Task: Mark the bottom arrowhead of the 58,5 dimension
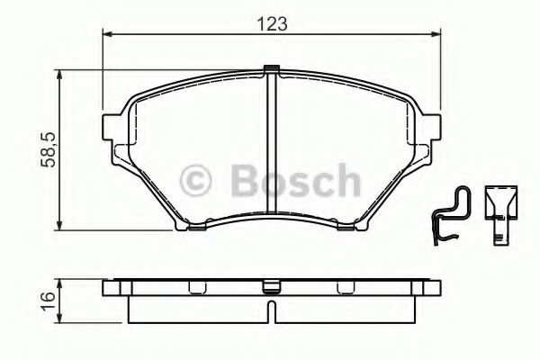[x=61, y=224]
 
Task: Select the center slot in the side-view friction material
[x=273, y=310]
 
